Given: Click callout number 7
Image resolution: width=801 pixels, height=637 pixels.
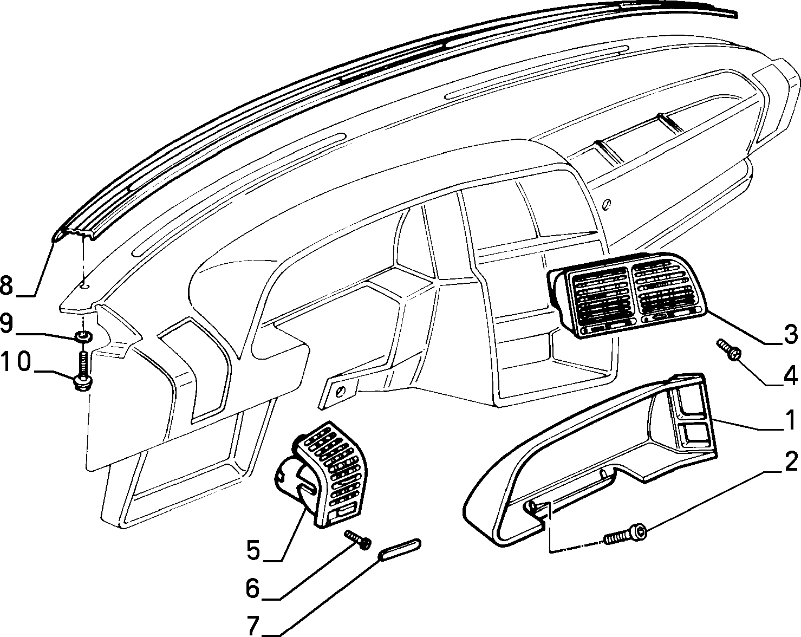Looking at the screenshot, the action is point(253,626).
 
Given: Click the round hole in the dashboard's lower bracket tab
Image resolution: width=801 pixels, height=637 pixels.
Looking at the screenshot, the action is point(341,391).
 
